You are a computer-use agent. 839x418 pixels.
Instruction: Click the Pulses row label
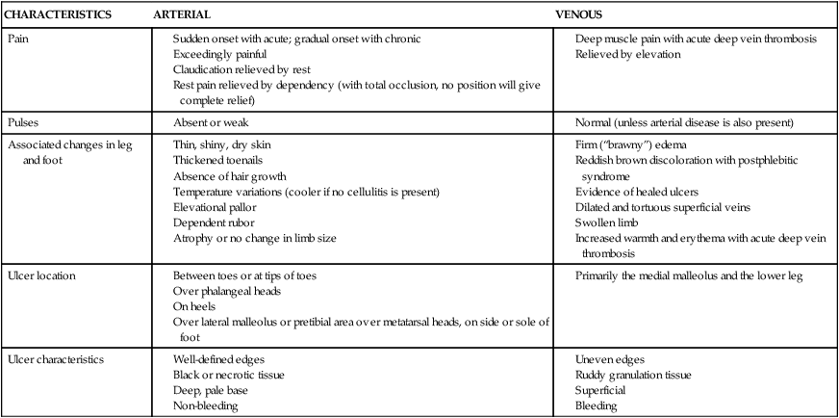(23, 123)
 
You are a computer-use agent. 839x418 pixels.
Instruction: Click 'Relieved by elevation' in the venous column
(627, 54)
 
